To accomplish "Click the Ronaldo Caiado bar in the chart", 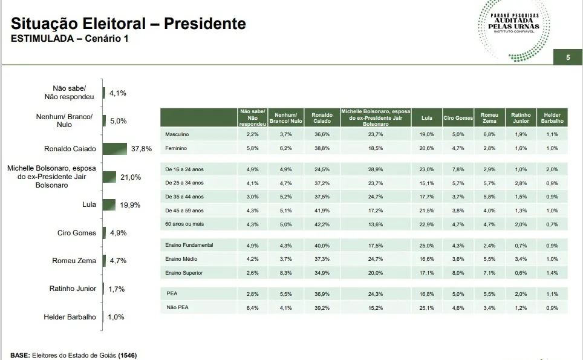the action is pyautogui.click(x=114, y=149).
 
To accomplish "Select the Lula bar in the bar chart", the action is pyautogui.click(x=109, y=205).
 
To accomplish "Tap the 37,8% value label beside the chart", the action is pyautogui.click(x=142, y=149).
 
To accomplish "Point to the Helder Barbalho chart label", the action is pyautogui.click(x=70, y=317).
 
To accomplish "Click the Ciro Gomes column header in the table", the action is pyautogui.click(x=458, y=118).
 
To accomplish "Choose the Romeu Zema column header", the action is pyautogui.click(x=489, y=118).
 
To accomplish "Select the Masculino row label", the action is pyautogui.click(x=177, y=134).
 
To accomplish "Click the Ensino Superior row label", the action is pyautogui.click(x=184, y=273).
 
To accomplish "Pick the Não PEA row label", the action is pyautogui.click(x=177, y=307).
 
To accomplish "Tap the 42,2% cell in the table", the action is pyautogui.click(x=322, y=224).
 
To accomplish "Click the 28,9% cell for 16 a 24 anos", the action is pyautogui.click(x=376, y=169).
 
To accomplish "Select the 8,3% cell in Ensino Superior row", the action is pyautogui.click(x=286, y=273).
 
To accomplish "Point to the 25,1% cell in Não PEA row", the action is pyautogui.click(x=427, y=308).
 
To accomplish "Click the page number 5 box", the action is pyautogui.click(x=568, y=57).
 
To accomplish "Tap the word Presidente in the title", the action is pyautogui.click(x=205, y=24).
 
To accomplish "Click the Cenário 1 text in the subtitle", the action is pyautogui.click(x=106, y=38).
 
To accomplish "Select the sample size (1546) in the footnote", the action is pyautogui.click(x=128, y=355).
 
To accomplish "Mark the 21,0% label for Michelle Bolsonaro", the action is pyautogui.click(x=131, y=177).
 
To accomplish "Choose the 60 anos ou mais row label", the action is pyautogui.click(x=184, y=224).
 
